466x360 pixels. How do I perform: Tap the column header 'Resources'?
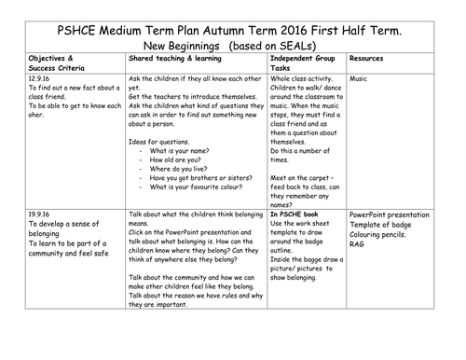point(371,58)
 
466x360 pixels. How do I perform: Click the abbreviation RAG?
point(358,244)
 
